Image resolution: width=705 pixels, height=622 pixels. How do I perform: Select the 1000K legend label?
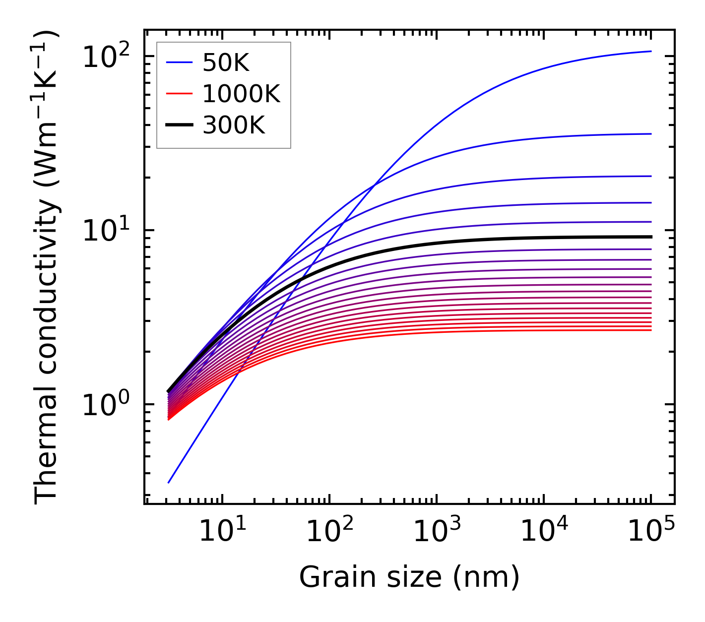(242, 94)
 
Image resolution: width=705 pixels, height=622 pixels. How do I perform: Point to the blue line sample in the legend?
(179, 62)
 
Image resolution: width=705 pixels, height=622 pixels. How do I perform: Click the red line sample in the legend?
(179, 94)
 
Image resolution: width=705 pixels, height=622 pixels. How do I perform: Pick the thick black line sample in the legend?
(179, 125)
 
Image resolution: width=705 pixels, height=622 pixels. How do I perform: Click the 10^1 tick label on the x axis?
(221, 532)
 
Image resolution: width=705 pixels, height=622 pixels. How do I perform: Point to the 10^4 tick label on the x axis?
(543, 532)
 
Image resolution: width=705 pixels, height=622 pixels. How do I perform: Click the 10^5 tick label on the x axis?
(650, 532)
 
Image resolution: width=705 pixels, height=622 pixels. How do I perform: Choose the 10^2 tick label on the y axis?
(105, 58)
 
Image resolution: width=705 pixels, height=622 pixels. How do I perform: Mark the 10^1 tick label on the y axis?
(105, 231)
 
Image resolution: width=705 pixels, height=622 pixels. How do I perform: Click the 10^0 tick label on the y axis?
(105, 405)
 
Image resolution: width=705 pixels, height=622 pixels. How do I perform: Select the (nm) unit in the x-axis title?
(486, 578)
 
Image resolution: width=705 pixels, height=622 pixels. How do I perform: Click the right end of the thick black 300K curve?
(650, 237)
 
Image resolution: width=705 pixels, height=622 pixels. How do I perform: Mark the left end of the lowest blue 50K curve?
(169, 482)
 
